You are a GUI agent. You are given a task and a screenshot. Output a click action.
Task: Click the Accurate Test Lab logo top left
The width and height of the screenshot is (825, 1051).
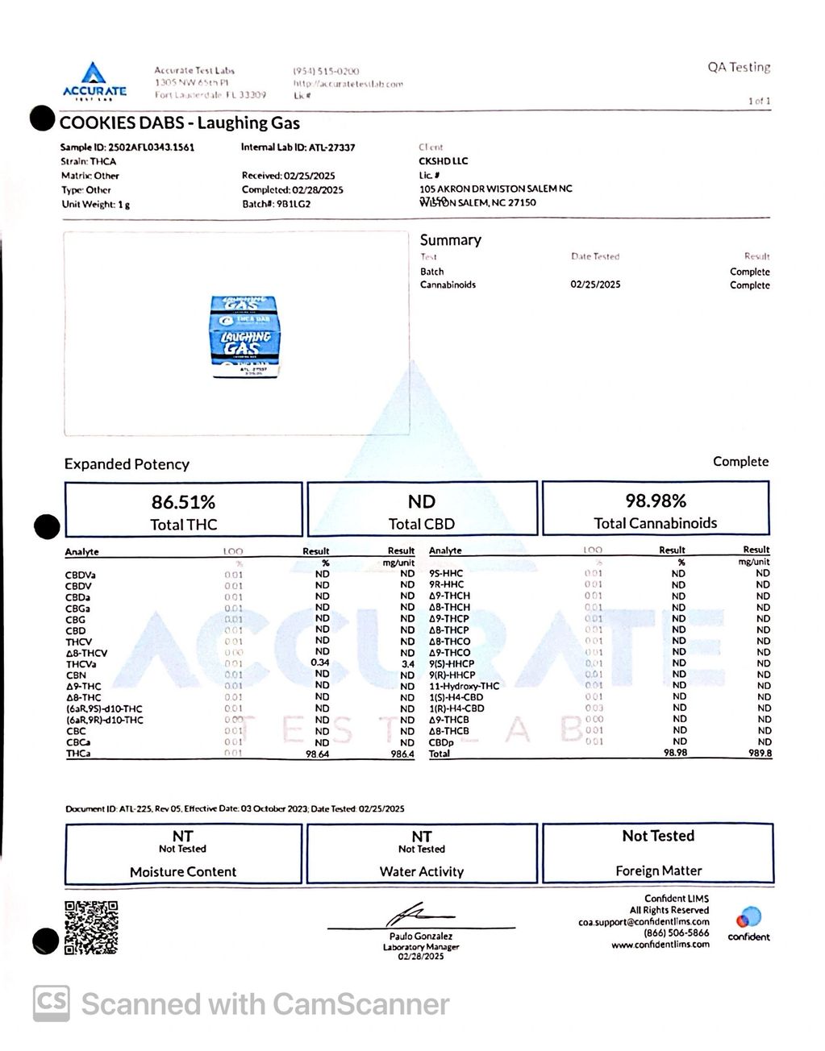94,81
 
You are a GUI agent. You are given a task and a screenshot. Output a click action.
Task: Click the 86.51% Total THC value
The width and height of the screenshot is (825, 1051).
183,502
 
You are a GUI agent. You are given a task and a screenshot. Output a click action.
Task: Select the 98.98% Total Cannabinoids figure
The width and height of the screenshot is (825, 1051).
655,501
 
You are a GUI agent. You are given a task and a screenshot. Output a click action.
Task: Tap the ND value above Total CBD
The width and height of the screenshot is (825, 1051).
421,502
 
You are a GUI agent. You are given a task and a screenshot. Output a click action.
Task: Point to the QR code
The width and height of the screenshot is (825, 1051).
90,927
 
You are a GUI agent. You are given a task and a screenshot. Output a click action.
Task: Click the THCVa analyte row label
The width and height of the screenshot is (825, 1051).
81,664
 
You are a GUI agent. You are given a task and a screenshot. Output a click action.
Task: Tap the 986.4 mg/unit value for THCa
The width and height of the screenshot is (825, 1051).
402,754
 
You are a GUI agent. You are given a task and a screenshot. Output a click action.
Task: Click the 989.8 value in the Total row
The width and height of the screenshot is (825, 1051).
759,754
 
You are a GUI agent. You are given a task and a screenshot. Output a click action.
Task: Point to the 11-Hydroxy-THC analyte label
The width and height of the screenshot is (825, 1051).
464,686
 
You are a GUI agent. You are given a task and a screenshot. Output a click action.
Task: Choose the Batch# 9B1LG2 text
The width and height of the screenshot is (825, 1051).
276,204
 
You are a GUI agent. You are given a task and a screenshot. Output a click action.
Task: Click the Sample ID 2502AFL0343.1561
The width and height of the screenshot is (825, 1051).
127,147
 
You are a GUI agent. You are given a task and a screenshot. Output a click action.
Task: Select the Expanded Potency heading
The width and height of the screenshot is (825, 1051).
127,464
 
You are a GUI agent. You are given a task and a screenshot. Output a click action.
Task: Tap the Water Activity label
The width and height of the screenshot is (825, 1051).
421,871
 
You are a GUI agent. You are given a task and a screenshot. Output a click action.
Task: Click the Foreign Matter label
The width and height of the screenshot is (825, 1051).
658,870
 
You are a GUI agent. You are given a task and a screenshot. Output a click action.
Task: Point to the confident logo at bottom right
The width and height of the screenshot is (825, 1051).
748,924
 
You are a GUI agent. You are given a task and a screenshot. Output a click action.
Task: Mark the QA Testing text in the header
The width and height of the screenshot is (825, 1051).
739,68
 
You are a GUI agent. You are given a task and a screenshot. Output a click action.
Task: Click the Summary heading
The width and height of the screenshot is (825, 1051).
450,240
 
